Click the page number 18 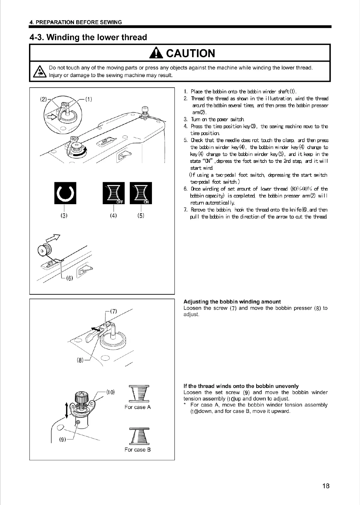click(326, 486)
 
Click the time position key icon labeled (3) click(65, 193)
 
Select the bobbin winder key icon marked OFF click(114, 193)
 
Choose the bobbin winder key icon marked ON click(140, 193)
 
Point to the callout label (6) click(69, 278)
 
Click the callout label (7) click(113, 311)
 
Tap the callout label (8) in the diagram click(80, 360)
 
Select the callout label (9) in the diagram click(63, 440)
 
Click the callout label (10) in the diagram click(110, 392)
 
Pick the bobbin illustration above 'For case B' click(138, 436)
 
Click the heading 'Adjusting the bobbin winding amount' click(232, 302)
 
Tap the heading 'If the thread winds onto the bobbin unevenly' click(241, 386)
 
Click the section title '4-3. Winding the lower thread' click(88, 37)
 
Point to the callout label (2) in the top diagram click(44, 99)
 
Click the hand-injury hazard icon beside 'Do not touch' click(39, 72)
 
